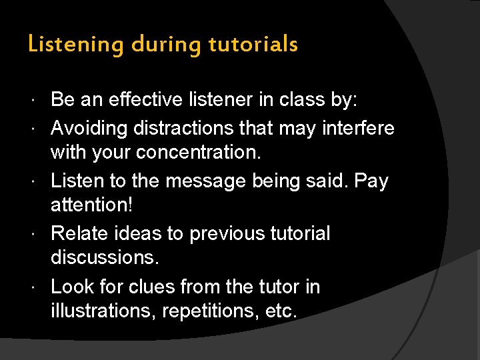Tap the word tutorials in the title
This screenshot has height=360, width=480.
tap(253, 45)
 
